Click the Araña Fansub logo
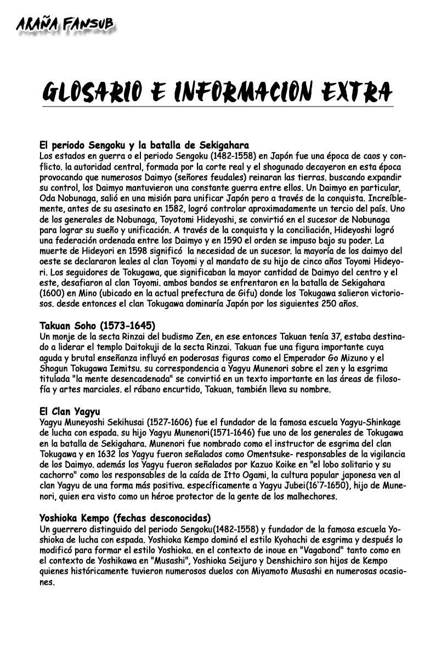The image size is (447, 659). tap(64, 25)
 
